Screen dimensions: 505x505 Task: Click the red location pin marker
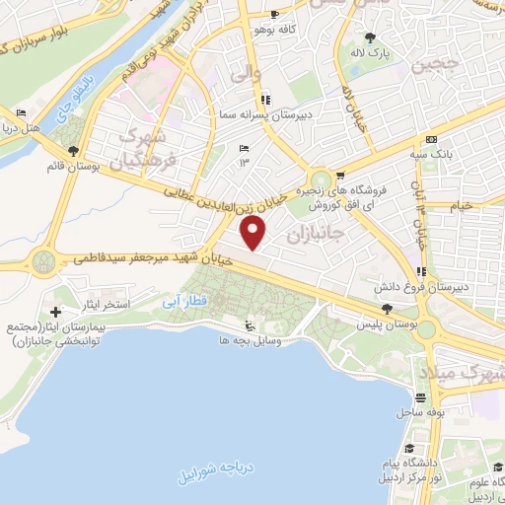pos(255,234)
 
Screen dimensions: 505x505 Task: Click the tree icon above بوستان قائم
pos(74,151)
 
